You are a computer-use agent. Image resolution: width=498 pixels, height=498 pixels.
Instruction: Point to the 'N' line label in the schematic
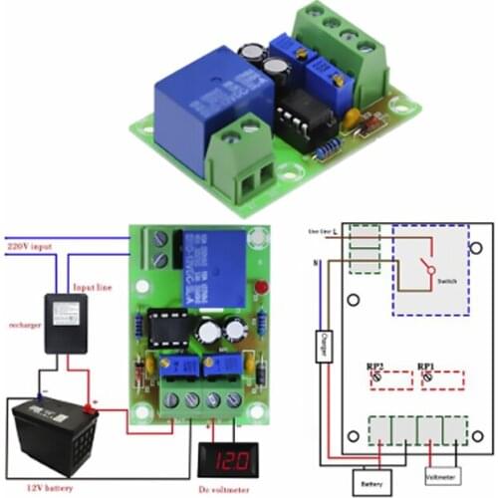316,262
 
